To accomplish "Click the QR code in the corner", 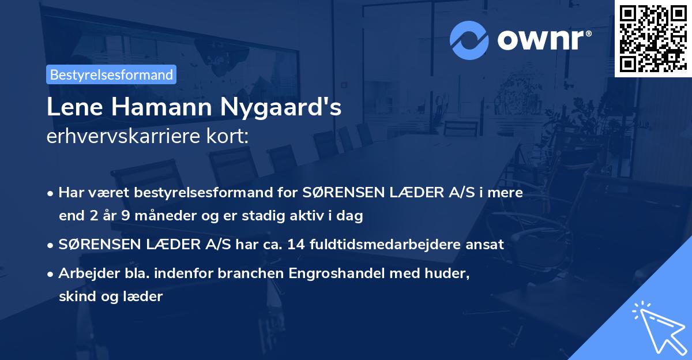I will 653,38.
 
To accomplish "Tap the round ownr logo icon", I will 469,40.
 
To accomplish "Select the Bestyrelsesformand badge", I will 111,74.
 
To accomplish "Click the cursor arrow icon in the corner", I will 657,327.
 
